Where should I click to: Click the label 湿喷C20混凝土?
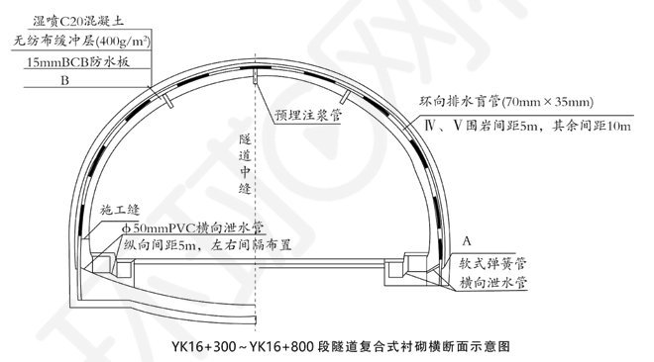(x=78, y=21)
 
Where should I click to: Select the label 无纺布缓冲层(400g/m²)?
(x=81, y=42)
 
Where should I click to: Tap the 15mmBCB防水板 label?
(x=78, y=61)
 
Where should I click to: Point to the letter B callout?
(x=64, y=80)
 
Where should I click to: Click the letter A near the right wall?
(x=467, y=241)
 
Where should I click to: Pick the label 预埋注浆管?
(x=308, y=115)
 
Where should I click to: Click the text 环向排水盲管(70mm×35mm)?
(x=506, y=102)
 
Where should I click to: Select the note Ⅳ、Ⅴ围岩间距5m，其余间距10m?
(x=527, y=126)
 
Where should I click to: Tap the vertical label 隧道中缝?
(x=245, y=164)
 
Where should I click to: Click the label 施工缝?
(x=120, y=210)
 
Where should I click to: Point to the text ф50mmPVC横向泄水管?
(x=192, y=228)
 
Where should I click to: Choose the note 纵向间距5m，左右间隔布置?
(x=207, y=245)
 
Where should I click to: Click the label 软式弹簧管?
(x=492, y=263)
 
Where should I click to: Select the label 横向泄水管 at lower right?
(x=493, y=283)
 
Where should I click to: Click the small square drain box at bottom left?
(x=124, y=269)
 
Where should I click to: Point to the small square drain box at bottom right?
(x=393, y=270)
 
